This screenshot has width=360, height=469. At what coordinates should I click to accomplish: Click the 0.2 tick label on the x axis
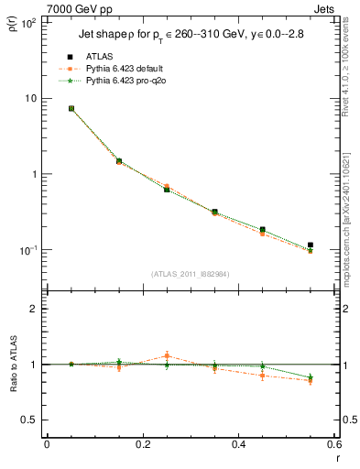(x=142, y=444)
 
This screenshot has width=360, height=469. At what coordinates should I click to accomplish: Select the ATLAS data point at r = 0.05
(x=71, y=108)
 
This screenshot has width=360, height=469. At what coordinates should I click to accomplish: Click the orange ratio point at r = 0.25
(x=167, y=355)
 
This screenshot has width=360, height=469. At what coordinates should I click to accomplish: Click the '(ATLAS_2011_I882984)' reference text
(x=190, y=274)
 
